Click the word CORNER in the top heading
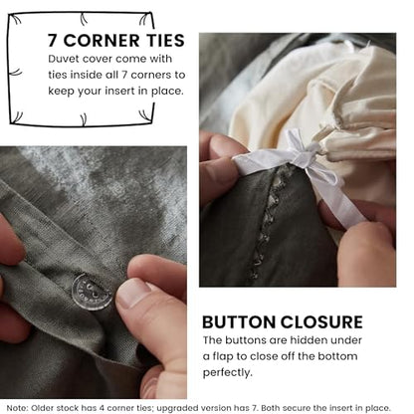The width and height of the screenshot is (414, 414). pos(102,41)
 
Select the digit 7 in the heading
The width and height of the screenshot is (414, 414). pos(53,41)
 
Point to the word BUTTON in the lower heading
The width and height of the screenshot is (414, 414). pos(239,321)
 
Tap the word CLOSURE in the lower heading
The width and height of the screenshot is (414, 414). pos(321,321)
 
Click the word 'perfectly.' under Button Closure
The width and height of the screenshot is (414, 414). pos(228,373)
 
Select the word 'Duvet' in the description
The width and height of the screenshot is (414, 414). pos(64,59)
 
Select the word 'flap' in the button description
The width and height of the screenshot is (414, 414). pos(223,356)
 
